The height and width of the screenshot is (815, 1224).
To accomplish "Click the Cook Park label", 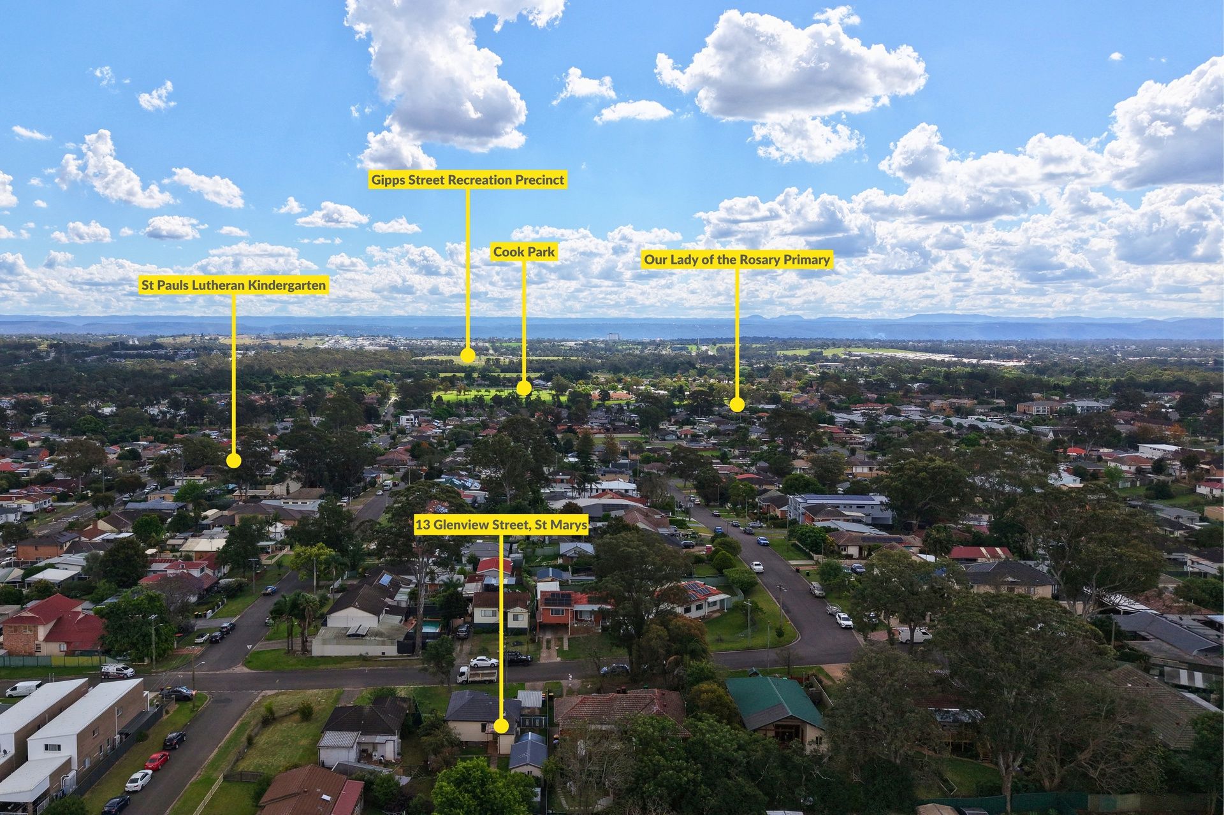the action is tap(524, 252).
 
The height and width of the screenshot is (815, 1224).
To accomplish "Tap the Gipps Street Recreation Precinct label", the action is tap(468, 180).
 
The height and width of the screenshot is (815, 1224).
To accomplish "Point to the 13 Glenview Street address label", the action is tap(501, 525).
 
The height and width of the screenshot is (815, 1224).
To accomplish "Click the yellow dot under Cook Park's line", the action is tap(524, 387).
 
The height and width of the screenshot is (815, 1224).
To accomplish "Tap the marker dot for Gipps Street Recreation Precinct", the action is tap(468, 356).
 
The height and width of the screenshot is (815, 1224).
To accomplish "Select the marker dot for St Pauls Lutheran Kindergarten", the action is tap(234, 460).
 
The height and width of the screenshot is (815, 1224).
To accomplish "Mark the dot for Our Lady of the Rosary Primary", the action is tap(737, 404).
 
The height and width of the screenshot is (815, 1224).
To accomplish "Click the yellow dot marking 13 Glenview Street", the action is tap(501, 726).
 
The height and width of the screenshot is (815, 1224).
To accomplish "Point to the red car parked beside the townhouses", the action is tap(156, 760).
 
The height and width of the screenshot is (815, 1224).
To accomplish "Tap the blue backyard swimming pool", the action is tap(431, 626).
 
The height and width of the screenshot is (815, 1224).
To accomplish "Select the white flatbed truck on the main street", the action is tap(477, 674).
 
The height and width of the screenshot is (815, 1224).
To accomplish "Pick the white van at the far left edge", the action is tap(23, 689).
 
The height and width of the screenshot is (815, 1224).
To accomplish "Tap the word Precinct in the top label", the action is tap(539, 180).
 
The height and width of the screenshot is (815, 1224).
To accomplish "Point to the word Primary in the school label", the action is tap(809, 260).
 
